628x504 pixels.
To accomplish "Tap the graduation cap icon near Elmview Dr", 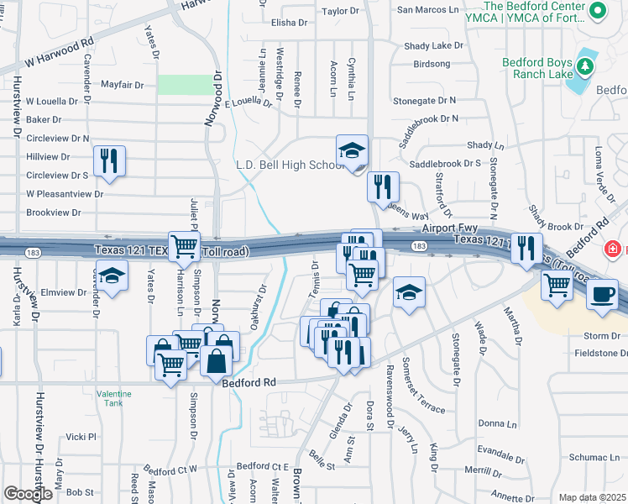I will pyautogui.click(x=110, y=275).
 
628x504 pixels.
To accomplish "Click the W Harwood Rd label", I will pyautogui.click(x=59, y=53).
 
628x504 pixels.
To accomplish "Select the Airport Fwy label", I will pyautogui.click(x=452, y=228).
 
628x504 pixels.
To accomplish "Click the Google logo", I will pyautogui.click(x=28, y=494).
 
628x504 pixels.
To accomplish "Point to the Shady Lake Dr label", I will pyautogui.click(x=433, y=46).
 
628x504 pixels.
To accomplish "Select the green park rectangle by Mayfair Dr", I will pyautogui.click(x=186, y=84).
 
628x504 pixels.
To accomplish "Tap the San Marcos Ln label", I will pyautogui.click(x=428, y=10).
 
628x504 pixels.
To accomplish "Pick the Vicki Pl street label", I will pyautogui.click(x=81, y=437).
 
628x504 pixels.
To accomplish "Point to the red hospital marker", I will pyautogui.click(x=614, y=249).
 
